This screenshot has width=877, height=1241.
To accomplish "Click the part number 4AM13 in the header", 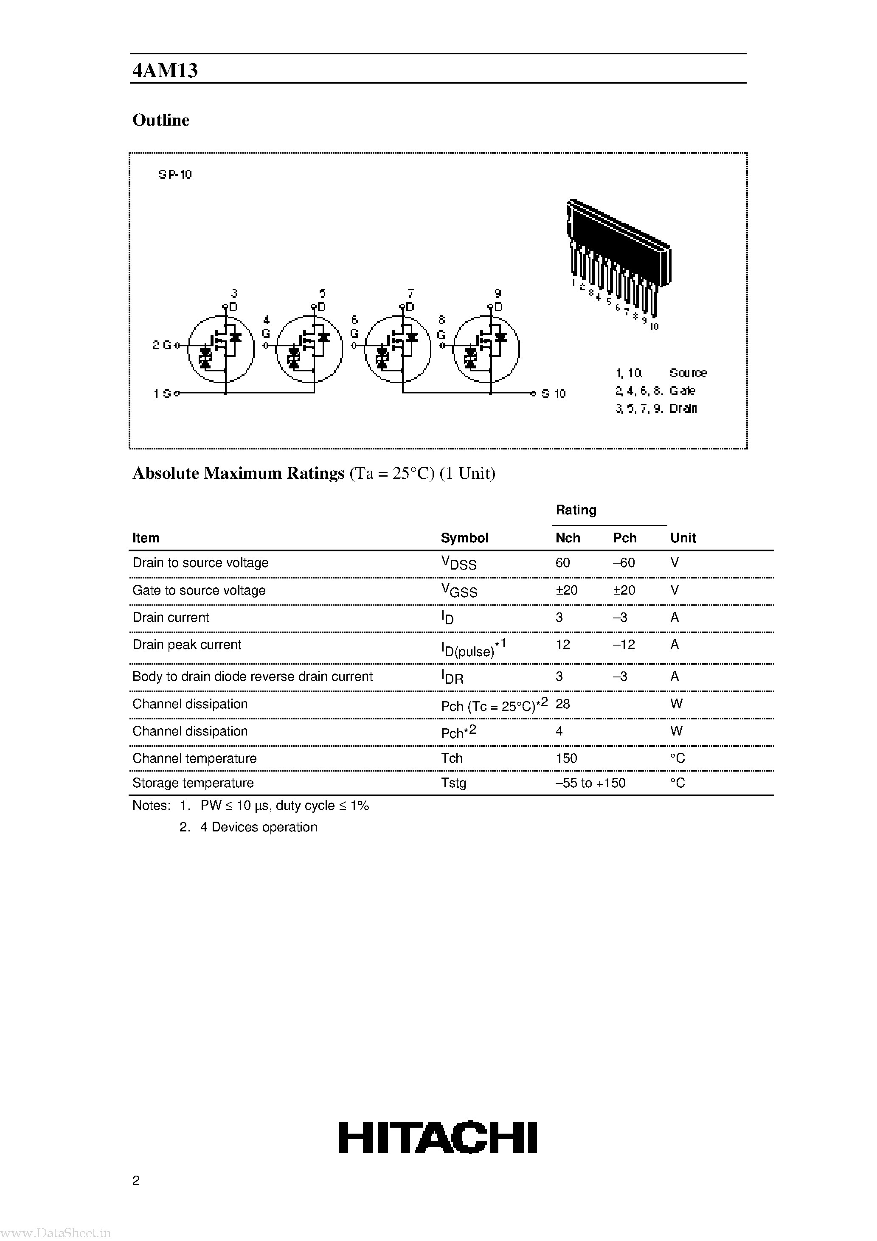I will point(165,70).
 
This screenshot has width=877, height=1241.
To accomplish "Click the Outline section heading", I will point(160,120).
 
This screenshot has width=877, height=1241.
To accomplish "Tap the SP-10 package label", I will point(174,174).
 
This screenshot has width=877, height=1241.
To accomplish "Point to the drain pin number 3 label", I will point(233,294).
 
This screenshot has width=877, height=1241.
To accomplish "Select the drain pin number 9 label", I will point(498,294).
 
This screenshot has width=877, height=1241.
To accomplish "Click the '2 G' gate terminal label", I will point(161,345).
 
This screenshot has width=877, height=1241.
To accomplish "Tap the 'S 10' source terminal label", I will point(554,394).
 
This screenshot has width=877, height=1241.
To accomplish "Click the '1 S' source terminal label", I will point(162,394).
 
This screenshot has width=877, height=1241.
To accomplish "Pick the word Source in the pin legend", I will point(688,373).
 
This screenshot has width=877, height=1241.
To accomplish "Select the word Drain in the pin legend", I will point(683,409).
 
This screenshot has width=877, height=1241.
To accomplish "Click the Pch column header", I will point(624,538).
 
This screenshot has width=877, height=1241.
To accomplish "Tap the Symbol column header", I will point(464,538).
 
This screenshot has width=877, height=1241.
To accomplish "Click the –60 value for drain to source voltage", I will point(624,563).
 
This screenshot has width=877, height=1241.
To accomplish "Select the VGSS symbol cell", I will point(459,591).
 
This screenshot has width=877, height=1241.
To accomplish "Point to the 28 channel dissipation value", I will point(562,704).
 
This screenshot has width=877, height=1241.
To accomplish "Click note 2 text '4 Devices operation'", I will point(259,827).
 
